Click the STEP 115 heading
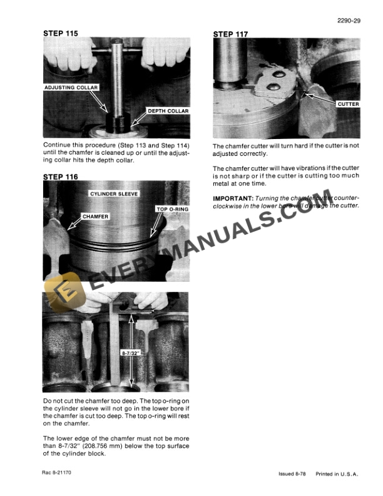61,33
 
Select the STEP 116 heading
61,177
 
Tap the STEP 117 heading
232,34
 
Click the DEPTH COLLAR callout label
167,111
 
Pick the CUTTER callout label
347,104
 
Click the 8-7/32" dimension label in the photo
130,353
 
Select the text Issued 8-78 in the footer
294,475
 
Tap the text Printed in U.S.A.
338,475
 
